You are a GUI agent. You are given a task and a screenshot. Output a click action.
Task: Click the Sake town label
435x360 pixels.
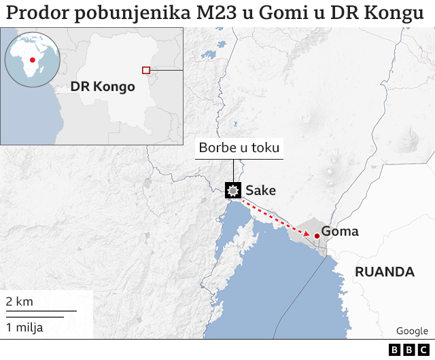pyautogui.click(x=261, y=190)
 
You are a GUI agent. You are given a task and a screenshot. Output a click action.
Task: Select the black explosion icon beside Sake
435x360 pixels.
pyautogui.click(x=234, y=190)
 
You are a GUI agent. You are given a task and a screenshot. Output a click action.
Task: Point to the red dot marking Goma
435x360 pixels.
pyautogui.click(x=317, y=236)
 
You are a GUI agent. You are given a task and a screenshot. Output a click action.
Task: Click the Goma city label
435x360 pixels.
pyautogui.click(x=340, y=232)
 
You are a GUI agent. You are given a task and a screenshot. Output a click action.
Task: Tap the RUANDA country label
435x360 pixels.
pyautogui.click(x=385, y=272)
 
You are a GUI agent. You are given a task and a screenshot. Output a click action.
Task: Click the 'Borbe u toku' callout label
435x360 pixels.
pyautogui.click(x=239, y=147)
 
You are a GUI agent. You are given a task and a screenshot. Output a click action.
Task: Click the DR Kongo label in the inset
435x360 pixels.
pyautogui.click(x=103, y=87)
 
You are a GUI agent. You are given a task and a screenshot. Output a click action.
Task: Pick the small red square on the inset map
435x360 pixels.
pyautogui.click(x=145, y=70)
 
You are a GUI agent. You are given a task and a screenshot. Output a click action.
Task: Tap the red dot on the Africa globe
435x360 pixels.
pyautogui.click(x=32, y=60)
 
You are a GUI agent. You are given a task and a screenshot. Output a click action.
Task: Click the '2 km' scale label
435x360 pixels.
pyautogui.click(x=20, y=301)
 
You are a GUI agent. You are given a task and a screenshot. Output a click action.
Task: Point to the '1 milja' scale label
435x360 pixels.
pyautogui.click(x=24, y=327)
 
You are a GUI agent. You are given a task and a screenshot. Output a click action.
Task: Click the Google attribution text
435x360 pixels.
pyautogui.click(x=412, y=331)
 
